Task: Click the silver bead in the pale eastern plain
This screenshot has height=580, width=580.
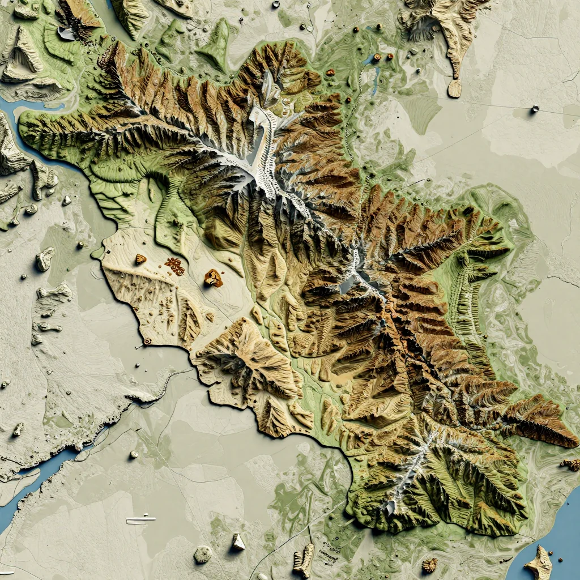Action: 535,109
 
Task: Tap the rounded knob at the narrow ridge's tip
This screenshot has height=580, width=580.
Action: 454,88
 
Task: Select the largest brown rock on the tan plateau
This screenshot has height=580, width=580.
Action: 214,278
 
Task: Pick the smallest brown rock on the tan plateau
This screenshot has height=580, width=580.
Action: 140,259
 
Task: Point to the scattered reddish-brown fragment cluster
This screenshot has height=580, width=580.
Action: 174,266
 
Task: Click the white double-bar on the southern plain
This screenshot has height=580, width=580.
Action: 140,519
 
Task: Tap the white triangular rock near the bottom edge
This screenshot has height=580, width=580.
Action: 238,542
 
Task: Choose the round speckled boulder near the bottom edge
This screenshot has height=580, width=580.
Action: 203,554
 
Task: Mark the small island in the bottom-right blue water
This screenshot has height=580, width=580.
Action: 539,563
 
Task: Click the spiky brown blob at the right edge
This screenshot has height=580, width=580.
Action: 571,464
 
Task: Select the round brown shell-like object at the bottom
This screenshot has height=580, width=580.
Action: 430,565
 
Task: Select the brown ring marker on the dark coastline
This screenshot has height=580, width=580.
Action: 147,342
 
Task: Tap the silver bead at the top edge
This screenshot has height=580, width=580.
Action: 276,5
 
